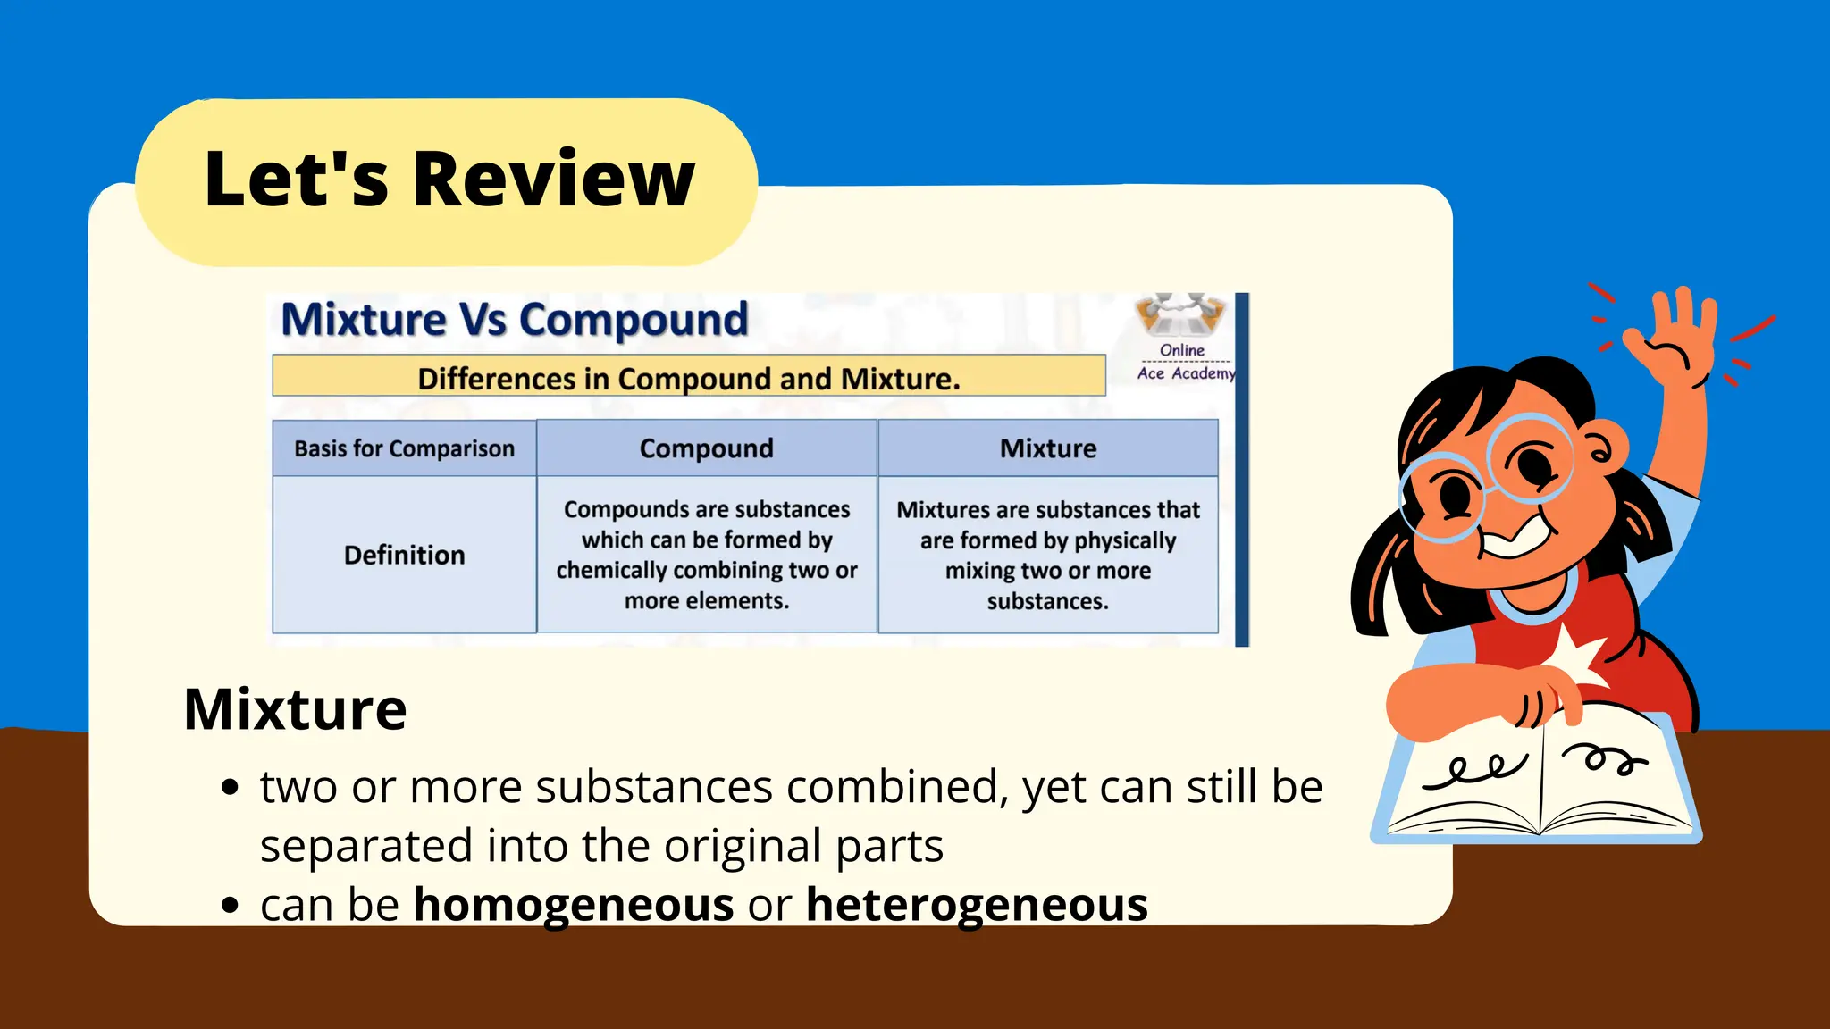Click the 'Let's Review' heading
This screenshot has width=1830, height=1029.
click(449, 180)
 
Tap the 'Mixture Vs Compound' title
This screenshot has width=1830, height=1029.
click(514, 320)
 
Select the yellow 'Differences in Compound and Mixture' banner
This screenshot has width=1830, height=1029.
click(688, 378)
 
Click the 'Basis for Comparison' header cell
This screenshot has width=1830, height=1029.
click(404, 448)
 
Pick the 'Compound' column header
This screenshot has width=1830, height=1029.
click(706, 448)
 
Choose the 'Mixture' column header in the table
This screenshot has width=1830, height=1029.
click(1047, 448)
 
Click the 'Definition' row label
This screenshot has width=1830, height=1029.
click(404, 555)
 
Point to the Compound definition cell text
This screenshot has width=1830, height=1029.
click(706, 555)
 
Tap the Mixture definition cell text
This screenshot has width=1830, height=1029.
click(1047, 555)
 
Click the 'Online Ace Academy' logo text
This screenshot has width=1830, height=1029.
click(1184, 362)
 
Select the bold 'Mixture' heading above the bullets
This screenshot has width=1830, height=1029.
click(295, 709)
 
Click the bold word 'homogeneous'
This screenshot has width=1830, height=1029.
click(573, 905)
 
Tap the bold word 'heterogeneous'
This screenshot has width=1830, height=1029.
click(977, 905)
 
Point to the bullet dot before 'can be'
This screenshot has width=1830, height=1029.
click(231, 905)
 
